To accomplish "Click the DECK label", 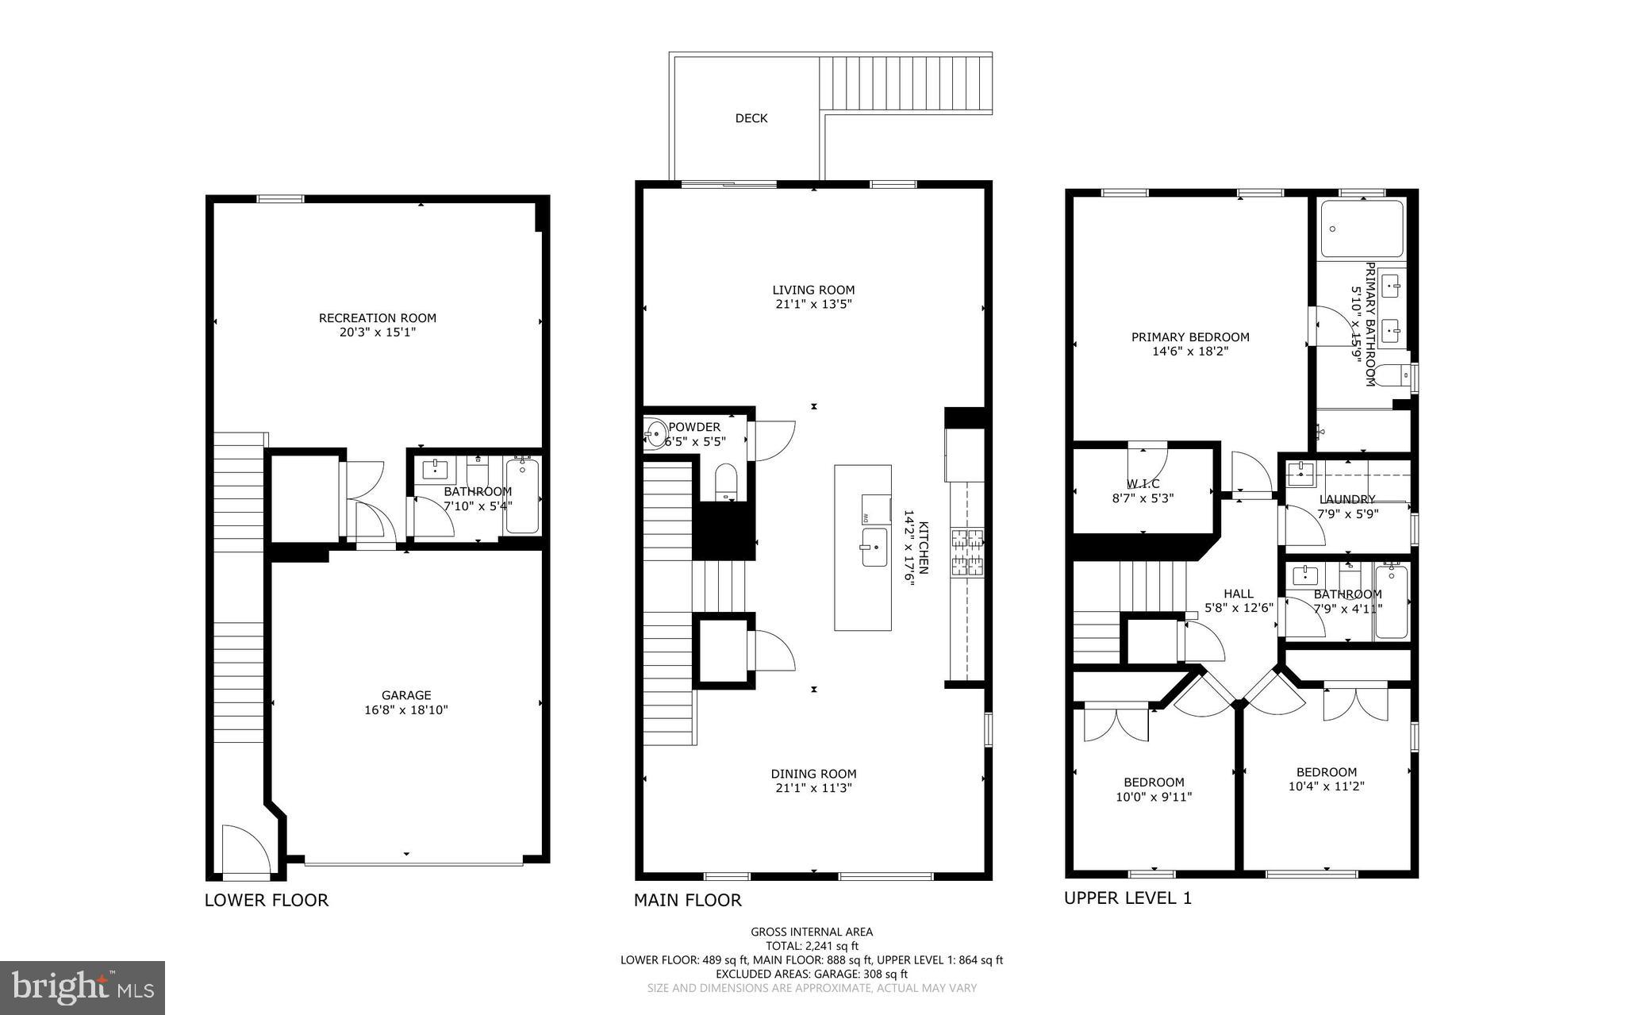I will coord(751,118).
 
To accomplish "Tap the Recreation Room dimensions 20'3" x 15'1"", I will coord(378,333).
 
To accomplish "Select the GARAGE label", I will coord(406,695).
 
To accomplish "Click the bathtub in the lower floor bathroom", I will coord(522,496).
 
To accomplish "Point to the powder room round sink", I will coord(656,433).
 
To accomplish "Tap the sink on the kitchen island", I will coord(874,547).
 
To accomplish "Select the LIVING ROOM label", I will coord(813,290).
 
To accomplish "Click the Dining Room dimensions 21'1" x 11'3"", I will coord(813,788).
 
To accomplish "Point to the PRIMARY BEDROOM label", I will coord(1189,336).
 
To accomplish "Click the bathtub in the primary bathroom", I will coord(1362,229).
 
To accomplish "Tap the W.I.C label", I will coord(1143,483).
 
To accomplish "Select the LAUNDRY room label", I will coord(1346,499).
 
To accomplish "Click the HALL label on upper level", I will coord(1238,594).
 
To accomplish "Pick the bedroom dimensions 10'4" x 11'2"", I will coord(1326,786).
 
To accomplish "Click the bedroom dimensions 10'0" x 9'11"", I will coord(1153,797).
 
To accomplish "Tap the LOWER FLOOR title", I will coord(267,900).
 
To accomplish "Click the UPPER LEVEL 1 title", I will coord(1128,898).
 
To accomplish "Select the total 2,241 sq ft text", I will coord(811,946).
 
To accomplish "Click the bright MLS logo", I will coord(82,987).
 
